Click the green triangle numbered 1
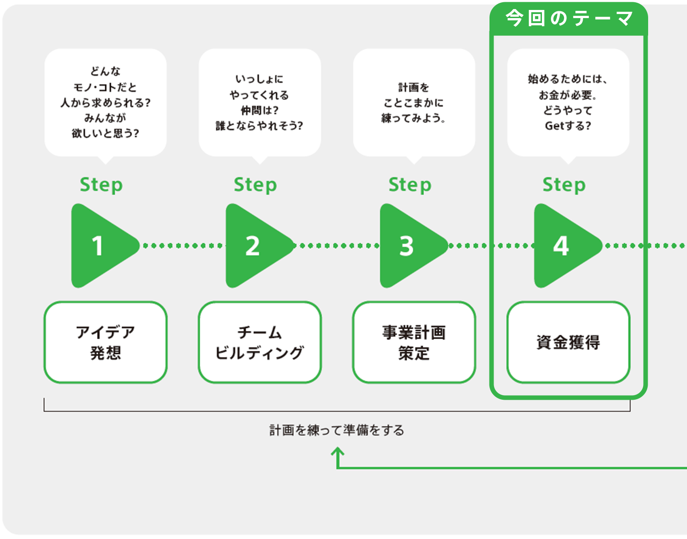99,246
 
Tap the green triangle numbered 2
254,246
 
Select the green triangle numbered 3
408,246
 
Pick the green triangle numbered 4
563,246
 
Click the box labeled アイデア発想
105,342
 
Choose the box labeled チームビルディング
260,342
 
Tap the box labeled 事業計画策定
414,342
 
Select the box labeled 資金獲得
568,342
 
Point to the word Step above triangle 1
101,185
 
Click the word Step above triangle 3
410,185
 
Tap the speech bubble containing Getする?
568,102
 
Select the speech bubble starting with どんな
105,102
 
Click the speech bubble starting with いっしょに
260,102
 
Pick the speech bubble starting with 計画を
414,102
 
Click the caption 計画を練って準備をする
337,430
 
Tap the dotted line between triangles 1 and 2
182,246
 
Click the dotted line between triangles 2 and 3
337,246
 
